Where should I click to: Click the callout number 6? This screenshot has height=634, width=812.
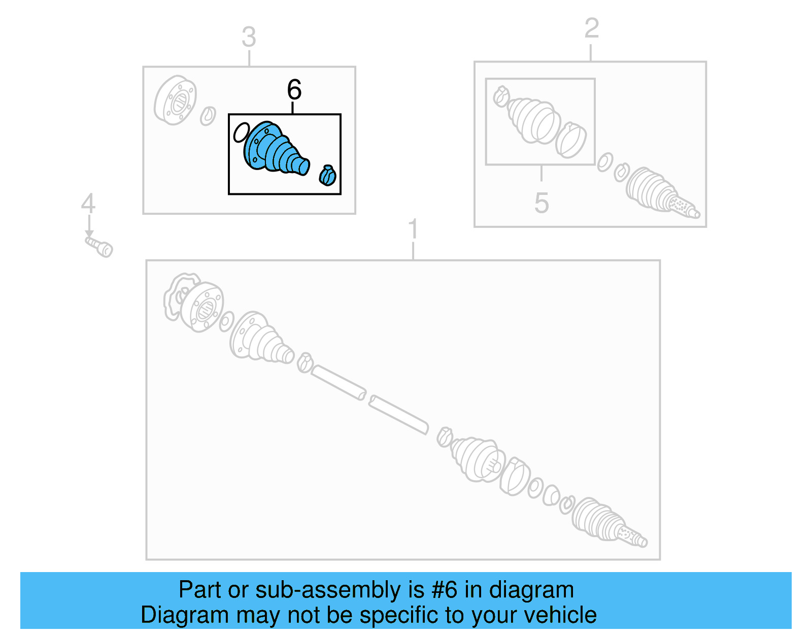click(294, 90)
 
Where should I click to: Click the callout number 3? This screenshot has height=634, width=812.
click(249, 37)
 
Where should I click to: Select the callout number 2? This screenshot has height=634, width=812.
click(591, 28)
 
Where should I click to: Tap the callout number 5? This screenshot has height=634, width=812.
click(542, 203)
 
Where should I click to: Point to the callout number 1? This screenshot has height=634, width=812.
click(413, 229)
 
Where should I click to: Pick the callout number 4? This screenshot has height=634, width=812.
click(88, 204)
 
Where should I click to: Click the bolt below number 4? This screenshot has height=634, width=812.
click(99, 247)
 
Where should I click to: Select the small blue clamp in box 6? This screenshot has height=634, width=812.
click(328, 175)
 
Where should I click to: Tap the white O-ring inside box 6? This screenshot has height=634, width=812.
click(241, 132)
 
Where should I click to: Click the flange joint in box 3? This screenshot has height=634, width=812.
click(175, 101)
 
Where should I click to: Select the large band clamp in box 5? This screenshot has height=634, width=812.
click(571, 140)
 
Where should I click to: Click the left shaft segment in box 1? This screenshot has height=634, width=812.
click(338, 382)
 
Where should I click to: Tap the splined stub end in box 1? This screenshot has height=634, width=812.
click(632, 536)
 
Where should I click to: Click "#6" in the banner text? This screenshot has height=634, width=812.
click(445, 590)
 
